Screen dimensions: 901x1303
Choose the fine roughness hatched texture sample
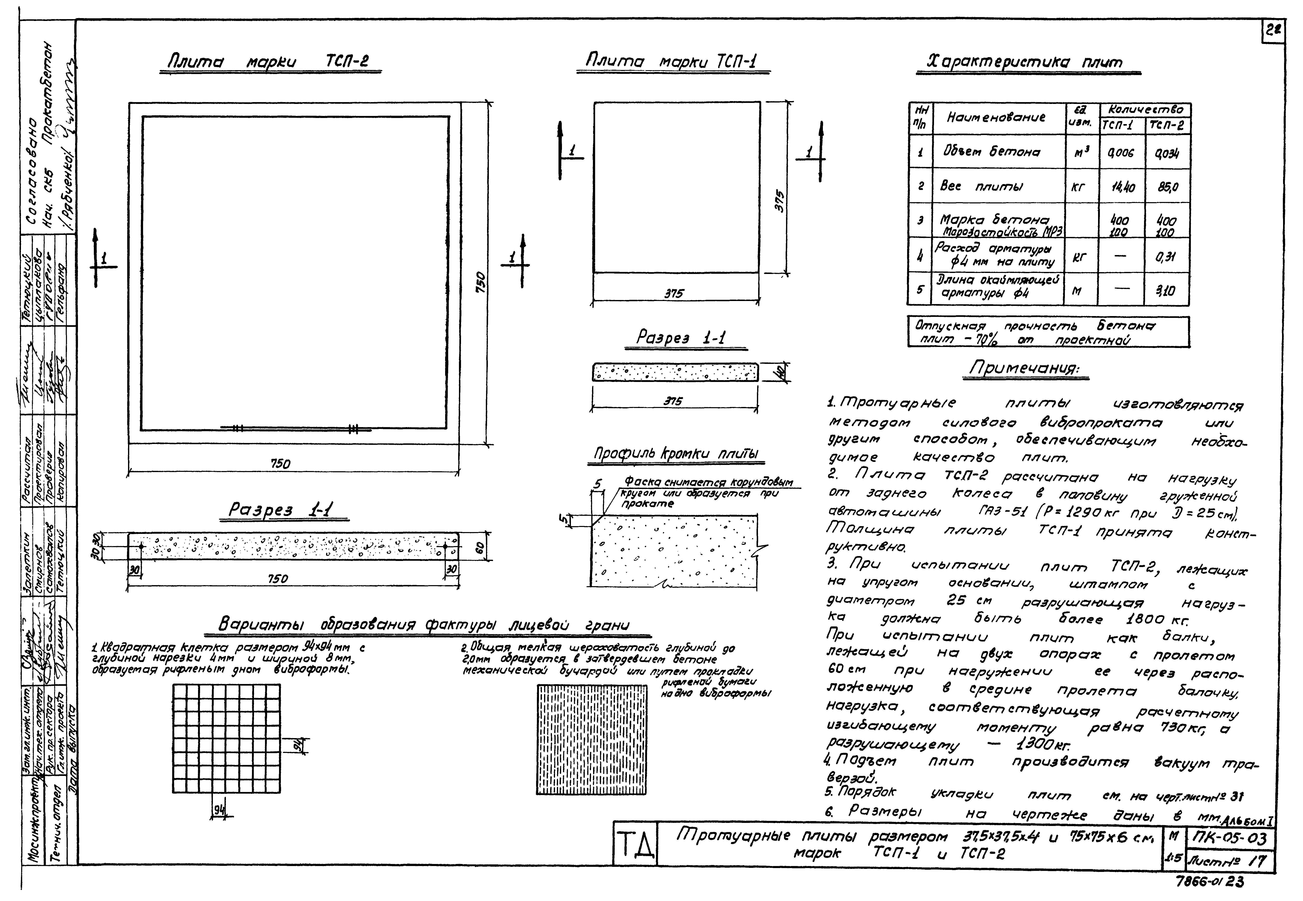[591, 740]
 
